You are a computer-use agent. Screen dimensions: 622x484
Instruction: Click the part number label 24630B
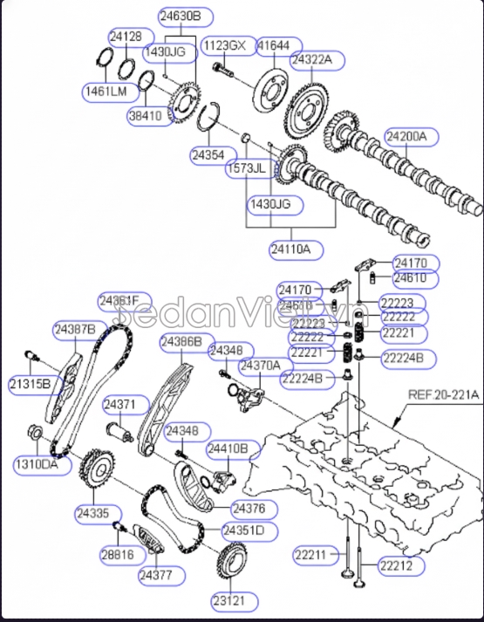click(x=180, y=16)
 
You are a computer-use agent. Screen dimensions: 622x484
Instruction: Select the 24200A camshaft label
click(x=407, y=136)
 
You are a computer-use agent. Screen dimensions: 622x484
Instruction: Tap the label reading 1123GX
click(x=224, y=44)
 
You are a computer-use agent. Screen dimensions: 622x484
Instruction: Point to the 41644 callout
click(x=275, y=44)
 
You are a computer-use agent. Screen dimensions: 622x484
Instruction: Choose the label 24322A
click(x=317, y=60)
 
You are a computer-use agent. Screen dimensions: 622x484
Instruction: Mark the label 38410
click(x=150, y=114)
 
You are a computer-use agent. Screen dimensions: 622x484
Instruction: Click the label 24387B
click(x=75, y=329)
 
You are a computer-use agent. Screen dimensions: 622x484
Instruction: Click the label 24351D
click(x=243, y=530)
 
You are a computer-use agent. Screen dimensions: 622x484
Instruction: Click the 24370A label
click(x=261, y=365)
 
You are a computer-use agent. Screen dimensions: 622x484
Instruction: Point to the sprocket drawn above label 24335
click(x=93, y=472)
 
